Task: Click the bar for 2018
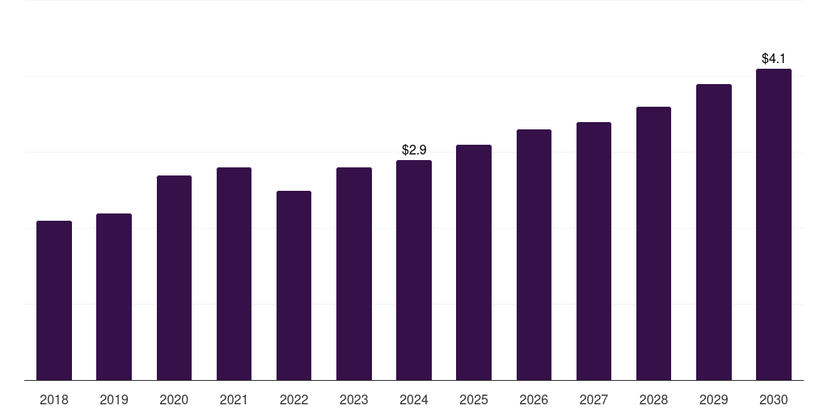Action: (x=54, y=300)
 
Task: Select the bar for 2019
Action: (x=114, y=297)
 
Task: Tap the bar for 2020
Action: (x=174, y=277)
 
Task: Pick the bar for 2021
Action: (x=234, y=273)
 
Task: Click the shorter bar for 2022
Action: (x=294, y=285)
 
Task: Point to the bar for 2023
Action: (x=354, y=273)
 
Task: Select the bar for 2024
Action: (x=414, y=270)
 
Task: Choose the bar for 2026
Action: (x=534, y=255)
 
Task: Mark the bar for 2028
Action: (x=653, y=243)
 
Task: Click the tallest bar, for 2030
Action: (x=774, y=224)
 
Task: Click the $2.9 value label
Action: (x=414, y=150)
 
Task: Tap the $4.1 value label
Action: (x=774, y=58)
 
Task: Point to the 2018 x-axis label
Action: (x=54, y=399)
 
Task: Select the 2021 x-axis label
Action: (x=234, y=399)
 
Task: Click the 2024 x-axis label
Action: (x=414, y=399)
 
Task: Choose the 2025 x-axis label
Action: (x=474, y=399)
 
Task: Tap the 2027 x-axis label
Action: (x=594, y=399)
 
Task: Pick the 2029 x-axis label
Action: (x=713, y=399)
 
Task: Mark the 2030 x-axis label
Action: (x=774, y=399)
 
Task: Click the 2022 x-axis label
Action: (x=294, y=399)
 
